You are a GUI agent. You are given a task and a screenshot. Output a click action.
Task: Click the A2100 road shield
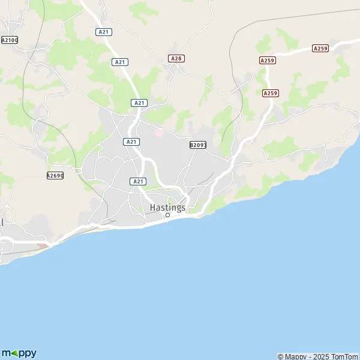click(9, 40)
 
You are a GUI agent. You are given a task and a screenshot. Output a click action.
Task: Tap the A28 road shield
click(176, 58)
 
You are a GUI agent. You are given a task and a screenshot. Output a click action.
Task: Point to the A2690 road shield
click(55, 175)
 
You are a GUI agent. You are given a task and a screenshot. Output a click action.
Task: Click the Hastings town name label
click(167, 207)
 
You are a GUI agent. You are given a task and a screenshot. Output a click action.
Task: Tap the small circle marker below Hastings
click(168, 215)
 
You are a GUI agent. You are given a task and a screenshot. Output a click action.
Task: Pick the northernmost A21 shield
click(104, 31)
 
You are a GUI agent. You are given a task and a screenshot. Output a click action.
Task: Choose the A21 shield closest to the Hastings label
click(138, 181)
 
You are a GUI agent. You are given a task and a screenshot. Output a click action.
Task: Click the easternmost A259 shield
click(320, 48)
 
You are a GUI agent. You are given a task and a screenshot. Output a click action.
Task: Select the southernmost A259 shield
click(271, 93)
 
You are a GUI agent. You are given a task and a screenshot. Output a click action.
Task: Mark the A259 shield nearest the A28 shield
click(267, 61)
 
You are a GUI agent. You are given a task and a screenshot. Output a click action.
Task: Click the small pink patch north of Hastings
click(158, 131)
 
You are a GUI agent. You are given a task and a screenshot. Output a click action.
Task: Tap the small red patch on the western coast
click(42, 245)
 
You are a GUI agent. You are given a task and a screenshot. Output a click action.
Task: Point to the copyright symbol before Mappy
click(280, 356)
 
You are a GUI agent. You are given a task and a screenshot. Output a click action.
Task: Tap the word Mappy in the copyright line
click(295, 356)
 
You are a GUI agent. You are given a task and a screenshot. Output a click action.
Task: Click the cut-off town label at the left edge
click(2, 222)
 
